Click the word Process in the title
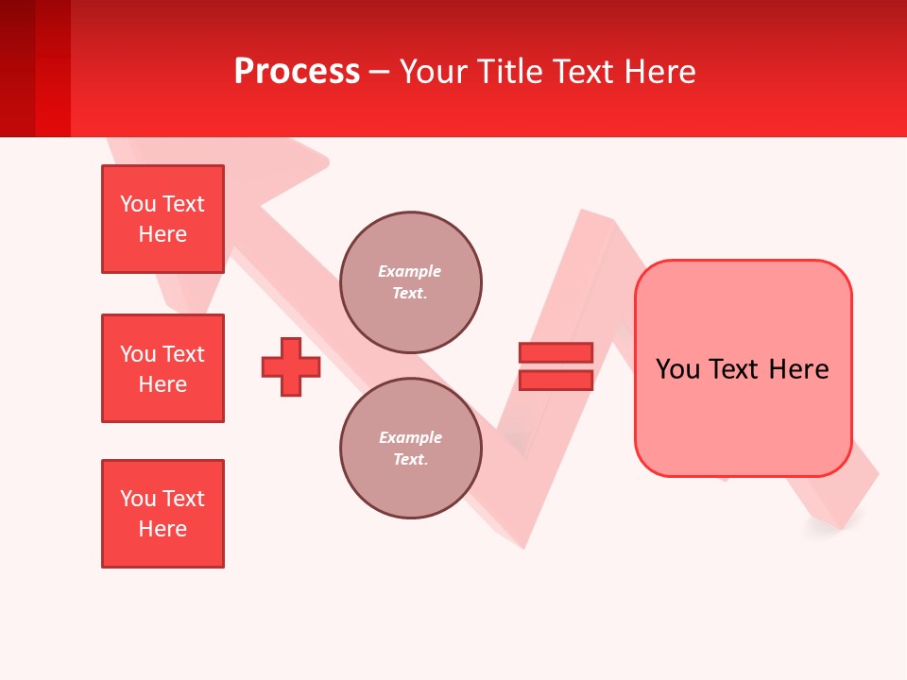297,72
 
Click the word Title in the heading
514,72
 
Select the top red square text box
163,219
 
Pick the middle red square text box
163,368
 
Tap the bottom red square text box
163,514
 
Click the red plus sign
291,366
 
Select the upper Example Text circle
410,282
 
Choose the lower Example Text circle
410,449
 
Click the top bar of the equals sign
556,353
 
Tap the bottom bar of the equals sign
556,380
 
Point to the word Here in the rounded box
798,369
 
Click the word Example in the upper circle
410,272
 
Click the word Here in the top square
163,234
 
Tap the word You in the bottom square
138,499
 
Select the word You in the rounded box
677,369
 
